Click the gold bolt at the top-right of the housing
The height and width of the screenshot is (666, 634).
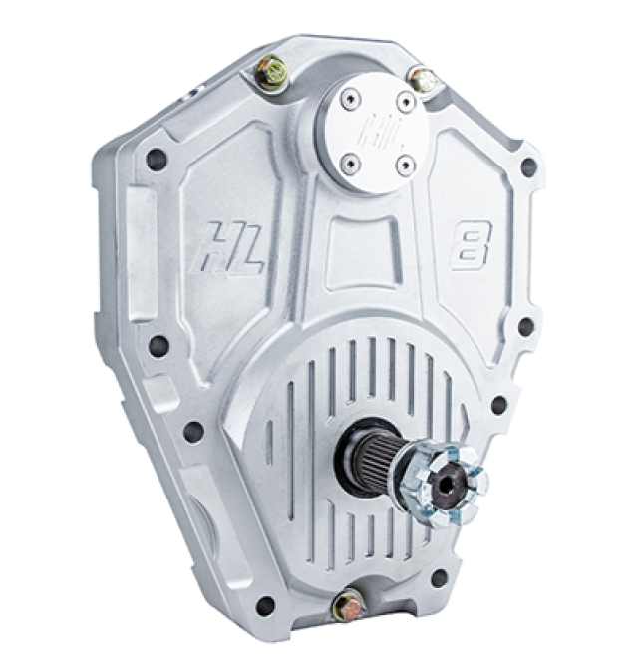tap(422, 81)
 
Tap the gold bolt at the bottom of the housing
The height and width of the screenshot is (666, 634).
tap(348, 604)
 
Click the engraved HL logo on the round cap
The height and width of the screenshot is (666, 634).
tap(379, 131)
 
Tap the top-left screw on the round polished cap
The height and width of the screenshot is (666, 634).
tap(349, 99)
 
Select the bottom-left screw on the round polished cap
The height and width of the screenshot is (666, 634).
tap(350, 163)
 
